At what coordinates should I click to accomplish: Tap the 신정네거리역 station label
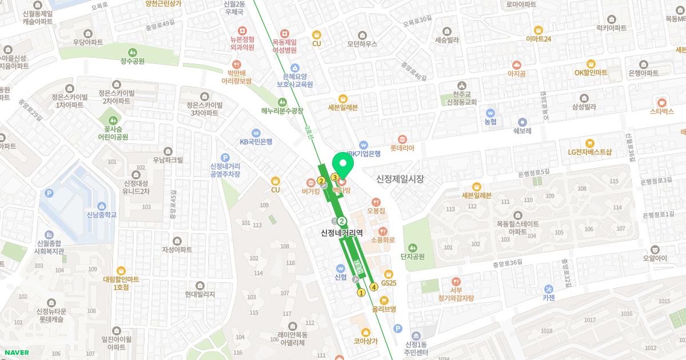(x=342, y=233)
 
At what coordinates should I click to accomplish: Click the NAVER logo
(x=15, y=353)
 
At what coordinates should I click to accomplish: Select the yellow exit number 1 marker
(x=361, y=293)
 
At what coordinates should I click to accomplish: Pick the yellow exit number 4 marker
(x=374, y=287)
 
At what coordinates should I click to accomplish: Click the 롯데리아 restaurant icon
(x=402, y=139)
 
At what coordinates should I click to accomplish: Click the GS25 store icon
(x=389, y=273)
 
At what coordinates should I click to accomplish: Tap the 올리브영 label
(x=384, y=309)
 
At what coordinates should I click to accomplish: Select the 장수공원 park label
(x=133, y=61)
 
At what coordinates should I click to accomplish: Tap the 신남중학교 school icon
(x=101, y=206)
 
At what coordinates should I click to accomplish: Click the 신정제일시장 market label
(x=400, y=179)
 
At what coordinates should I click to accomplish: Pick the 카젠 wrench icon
(x=549, y=288)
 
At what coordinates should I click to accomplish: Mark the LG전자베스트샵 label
(x=589, y=152)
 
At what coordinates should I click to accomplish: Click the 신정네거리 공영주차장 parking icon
(x=225, y=157)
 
